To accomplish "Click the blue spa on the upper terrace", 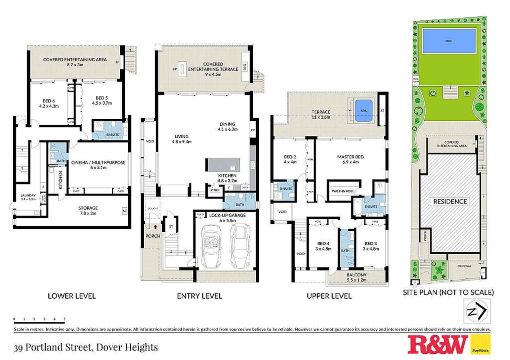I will tap(363, 111).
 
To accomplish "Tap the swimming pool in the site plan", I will tap(449, 41).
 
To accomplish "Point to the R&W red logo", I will tap(438, 345).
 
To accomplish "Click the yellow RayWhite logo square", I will tap(480, 345).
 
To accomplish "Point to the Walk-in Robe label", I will tap(343, 191).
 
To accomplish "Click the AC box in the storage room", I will tap(125, 211).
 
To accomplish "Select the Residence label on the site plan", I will tap(450, 201).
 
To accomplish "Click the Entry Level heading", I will tap(199, 296).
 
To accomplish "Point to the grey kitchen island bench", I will tap(223, 165).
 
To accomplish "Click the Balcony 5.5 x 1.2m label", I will tap(356, 277).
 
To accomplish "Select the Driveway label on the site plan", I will tap(464, 266).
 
